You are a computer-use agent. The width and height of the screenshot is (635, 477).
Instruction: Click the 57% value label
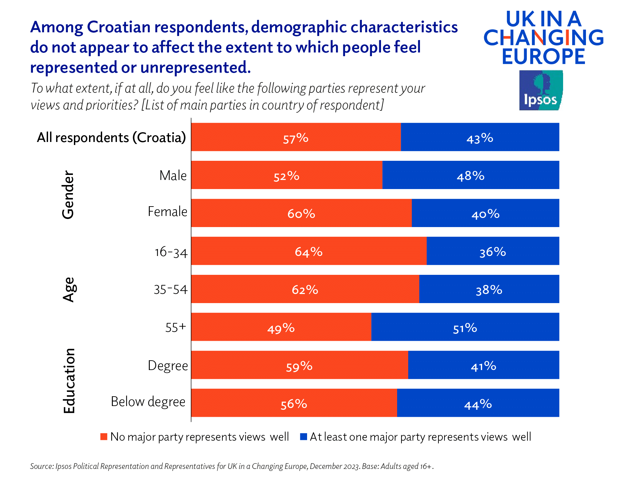tap(295, 138)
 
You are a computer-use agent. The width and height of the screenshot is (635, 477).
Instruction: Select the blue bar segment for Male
tap(470, 175)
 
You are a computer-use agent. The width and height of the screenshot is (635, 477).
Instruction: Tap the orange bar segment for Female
tap(301, 213)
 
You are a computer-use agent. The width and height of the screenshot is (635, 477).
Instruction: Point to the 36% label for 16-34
tap(492, 252)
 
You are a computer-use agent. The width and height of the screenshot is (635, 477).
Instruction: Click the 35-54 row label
tap(170, 289)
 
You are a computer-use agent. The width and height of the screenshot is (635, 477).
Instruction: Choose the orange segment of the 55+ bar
tap(281, 327)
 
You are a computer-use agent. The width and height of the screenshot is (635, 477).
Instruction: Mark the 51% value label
tap(465, 328)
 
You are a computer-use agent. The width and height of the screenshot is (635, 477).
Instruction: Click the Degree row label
tap(168, 365)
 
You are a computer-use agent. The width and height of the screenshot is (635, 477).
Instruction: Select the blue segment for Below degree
tap(478, 403)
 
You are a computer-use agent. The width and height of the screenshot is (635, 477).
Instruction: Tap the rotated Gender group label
tap(68, 195)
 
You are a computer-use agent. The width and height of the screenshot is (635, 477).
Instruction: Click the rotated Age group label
tap(69, 290)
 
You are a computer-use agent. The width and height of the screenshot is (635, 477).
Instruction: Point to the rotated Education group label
tap(69, 380)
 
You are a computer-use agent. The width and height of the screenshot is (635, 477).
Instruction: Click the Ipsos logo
tap(541, 90)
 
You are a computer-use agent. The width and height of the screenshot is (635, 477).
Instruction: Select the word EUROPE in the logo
tap(543, 56)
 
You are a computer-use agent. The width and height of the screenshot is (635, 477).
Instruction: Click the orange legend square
tap(104, 437)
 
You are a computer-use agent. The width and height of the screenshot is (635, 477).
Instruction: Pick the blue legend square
tap(303, 437)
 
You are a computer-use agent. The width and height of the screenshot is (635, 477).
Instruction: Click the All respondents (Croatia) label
tap(111, 137)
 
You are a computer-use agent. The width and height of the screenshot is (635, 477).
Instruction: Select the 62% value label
tap(305, 289)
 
